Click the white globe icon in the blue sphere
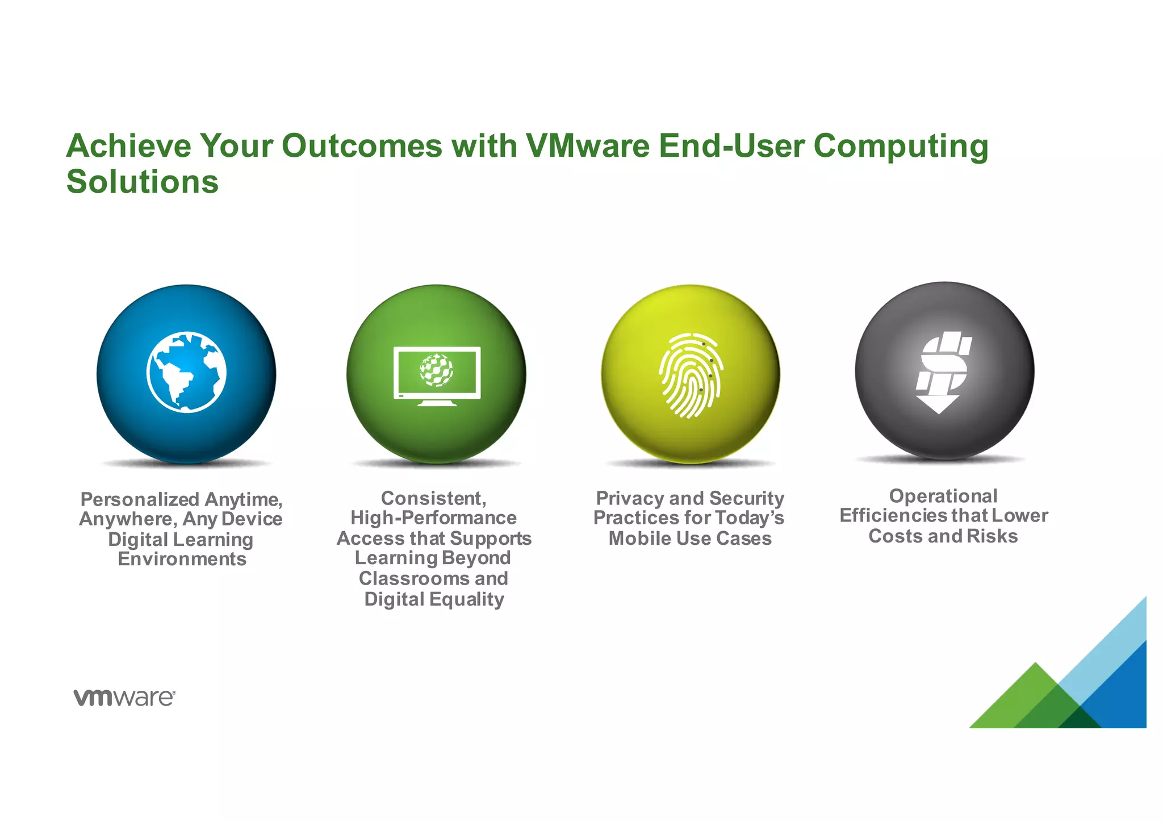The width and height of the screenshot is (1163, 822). click(x=186, y=372)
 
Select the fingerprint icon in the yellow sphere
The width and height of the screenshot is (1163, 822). click(x=690, y=375)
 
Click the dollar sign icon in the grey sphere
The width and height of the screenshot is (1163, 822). click(x=943, y=364)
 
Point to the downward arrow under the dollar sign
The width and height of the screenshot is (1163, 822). click(x=938, y=404)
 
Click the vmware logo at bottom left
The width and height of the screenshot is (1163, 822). click(x=124, y=698)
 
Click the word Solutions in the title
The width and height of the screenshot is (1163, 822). click(x=142, y=182)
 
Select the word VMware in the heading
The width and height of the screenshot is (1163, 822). click(x=587, y=146)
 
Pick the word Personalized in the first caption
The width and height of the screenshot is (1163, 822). click(x=140, y=499)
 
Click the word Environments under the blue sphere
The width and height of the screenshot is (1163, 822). click(x=182, y=559)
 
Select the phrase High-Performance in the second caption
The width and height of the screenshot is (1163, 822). click(x=433, y=518)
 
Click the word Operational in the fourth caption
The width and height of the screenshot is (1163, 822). click(x=943, y=496)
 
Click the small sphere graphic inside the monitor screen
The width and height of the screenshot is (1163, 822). click(x=436, y=370)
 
